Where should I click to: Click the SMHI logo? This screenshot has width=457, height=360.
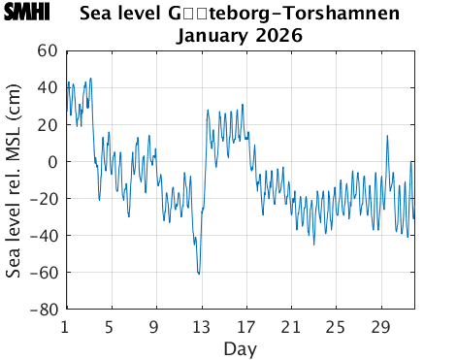pyautogui.click(x=31, y=14)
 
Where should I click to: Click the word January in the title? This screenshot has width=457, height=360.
pyautogui.click(x=214, y=36)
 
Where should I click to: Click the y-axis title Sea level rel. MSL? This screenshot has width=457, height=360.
pyautogui.click(x=14, y=180)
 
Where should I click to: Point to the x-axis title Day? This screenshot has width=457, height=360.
pyautogui.click(x=240, y=347)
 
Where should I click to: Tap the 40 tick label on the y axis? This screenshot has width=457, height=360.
pyautogui.click(x=47, y=87)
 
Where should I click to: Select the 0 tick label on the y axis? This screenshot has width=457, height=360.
pyautogui.click(x=52, y=162)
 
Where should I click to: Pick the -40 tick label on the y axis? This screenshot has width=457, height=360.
pyautogui.click(x=43, y=236)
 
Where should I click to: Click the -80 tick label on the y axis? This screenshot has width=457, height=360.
pyautogui.click(x=43, y=311)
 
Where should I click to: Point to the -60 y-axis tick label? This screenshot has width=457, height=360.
pyautogui.click(x=43, y=274)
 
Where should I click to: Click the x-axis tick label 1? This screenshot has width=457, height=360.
pyautogui.click(x=65, y=326)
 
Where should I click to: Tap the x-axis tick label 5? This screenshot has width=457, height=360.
pyautogui.click(x=110, y=326)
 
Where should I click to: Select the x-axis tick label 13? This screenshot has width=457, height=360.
pyautogui.click(x=201, y=326)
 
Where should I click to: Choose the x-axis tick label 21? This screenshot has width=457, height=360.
pyautogui.click(x=291, y=326)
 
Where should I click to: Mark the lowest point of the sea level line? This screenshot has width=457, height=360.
pyautogui.click(x=199, y=275)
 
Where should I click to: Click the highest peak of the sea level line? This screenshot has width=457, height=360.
pyautogui.click(x=91, y=79)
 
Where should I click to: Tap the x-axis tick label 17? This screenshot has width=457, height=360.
pyautogui.click(x=246, y=326)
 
